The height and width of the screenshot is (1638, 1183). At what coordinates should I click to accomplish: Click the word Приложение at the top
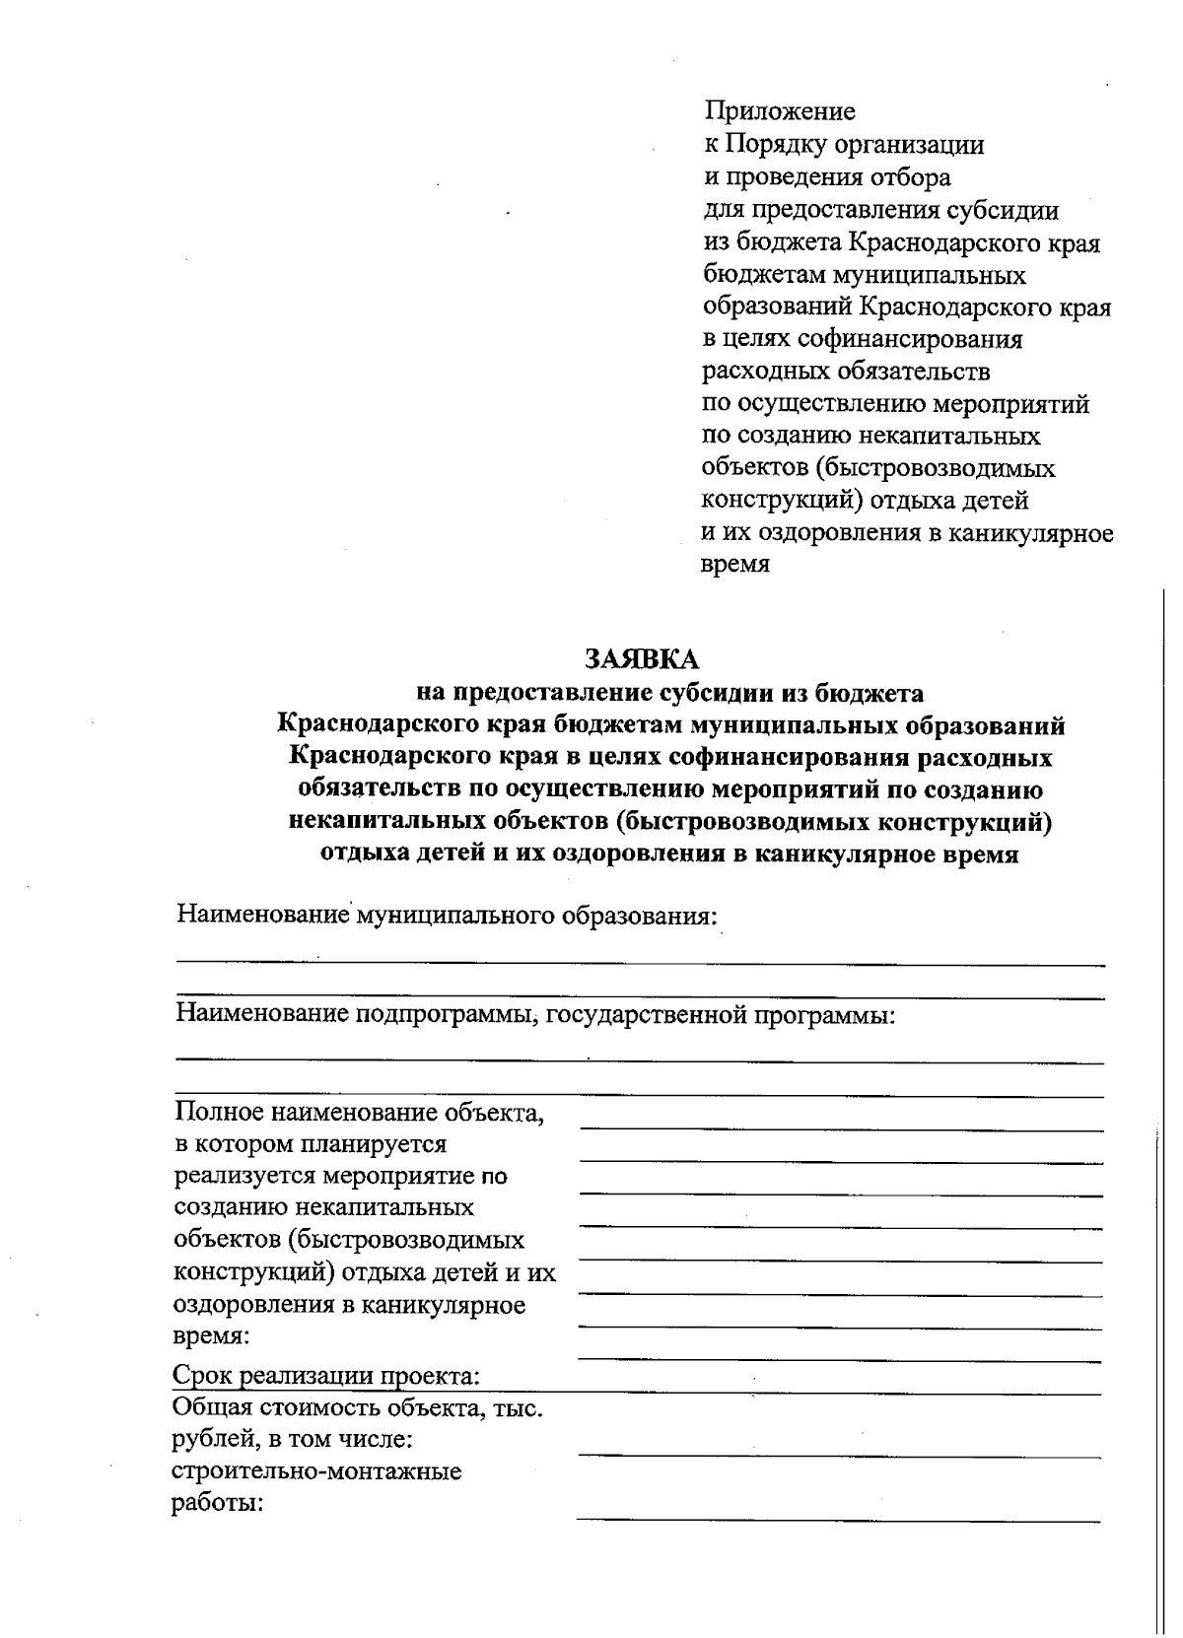point(779,111)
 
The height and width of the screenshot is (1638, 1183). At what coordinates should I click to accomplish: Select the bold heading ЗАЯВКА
point(641,658)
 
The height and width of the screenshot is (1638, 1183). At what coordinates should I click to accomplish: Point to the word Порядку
point(777,145)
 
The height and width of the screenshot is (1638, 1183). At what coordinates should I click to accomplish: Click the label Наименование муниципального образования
point(446,916)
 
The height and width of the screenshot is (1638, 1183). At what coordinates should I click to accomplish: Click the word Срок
point(205,1375)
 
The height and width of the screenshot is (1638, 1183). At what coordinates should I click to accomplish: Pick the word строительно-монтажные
point(317,1472)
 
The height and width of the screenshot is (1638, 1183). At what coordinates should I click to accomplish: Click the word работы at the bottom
point(218,1505)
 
